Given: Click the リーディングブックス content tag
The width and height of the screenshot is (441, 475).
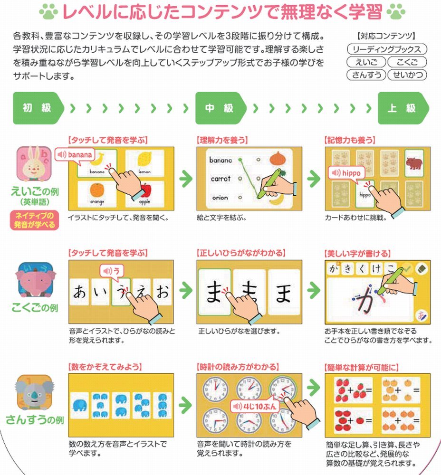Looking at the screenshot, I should pyautogui.click(x=387, y=49).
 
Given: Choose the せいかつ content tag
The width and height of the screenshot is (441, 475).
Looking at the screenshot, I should pyautogui.click(x=407, y=75).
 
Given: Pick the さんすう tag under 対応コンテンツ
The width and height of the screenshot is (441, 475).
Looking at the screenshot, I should pyautogui.click(x=366, y=75).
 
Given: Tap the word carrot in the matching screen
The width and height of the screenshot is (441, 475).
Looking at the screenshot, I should pyautogui.click(x=220, y=179).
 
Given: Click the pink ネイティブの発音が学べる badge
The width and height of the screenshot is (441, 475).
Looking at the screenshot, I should pyautogui.click(x=34, y=220).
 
